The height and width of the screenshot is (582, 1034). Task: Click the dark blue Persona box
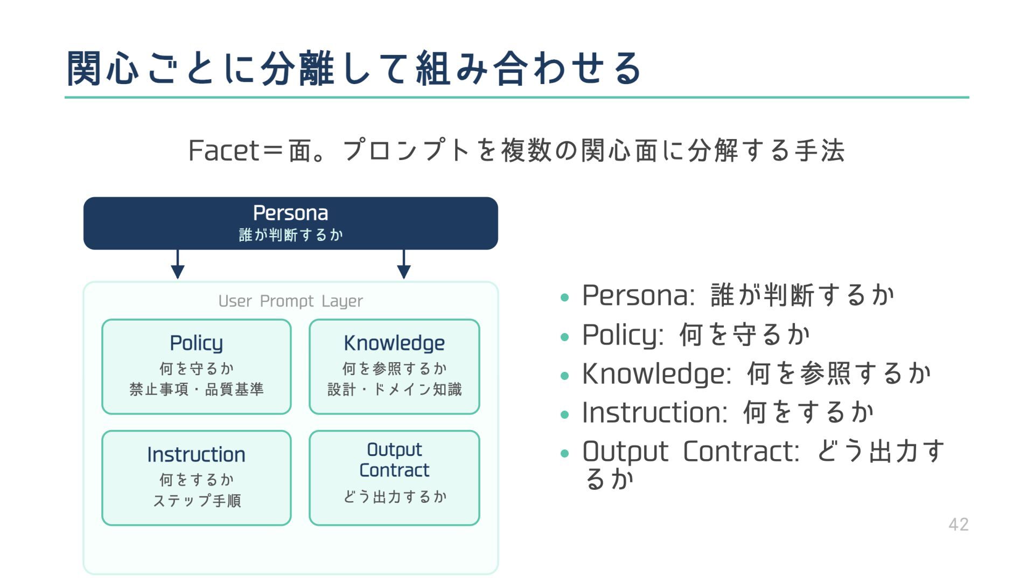290,223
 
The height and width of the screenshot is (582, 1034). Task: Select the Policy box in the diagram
196,366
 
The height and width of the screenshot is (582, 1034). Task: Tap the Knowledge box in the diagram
394,366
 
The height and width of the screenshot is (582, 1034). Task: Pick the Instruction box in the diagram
196,477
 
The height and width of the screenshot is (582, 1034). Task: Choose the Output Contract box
394,477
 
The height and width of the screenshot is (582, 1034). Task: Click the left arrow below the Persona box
178,265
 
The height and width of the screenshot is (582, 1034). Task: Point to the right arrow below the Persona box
404,265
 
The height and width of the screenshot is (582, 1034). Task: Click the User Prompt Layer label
290,301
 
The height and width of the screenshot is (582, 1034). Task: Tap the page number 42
958,524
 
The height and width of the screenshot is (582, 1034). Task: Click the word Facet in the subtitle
223,150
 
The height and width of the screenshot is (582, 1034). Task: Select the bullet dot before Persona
564,297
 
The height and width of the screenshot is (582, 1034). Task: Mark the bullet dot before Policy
564,337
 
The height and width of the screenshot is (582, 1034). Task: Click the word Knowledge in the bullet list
656,374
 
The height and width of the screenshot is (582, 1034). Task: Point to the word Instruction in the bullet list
654,413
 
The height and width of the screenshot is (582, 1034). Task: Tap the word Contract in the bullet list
740,452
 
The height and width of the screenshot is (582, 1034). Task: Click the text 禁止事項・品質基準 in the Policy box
196,389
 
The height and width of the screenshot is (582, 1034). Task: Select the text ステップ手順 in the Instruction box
196,501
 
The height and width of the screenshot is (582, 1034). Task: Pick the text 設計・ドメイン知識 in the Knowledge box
394,389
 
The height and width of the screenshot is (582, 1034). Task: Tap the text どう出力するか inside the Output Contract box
394,496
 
